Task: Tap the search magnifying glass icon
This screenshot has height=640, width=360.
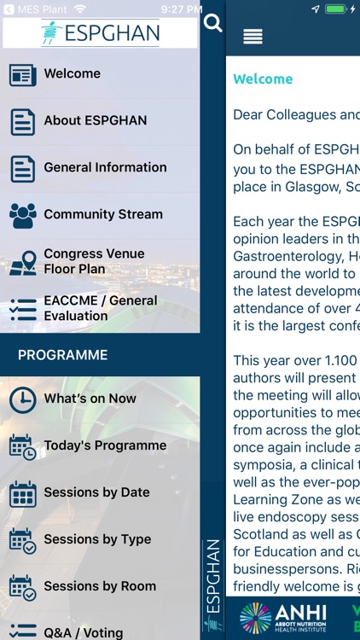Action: tap(212, 23)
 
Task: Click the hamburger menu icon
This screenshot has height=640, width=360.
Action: tap(253, 37)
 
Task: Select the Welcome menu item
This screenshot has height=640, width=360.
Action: tap(73, 74)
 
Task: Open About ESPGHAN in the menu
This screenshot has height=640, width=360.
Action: tap(95, 121)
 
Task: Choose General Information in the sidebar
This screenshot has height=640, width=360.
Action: tap(105, 168)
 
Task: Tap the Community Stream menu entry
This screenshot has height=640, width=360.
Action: tap(102, 215)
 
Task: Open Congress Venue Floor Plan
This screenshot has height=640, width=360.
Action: tap(94, 261)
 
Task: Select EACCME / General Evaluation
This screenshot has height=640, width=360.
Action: tap(100, 308)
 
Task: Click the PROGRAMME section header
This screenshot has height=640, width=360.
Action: tap(63, 355)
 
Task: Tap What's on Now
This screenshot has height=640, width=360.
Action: tap(90, 399)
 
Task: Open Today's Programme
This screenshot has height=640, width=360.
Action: tap(105, 445)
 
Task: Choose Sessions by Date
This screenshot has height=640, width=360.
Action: tap(96, 492)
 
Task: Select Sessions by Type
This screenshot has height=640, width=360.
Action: tap(97, 539)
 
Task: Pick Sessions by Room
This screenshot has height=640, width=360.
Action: tap(100, 586)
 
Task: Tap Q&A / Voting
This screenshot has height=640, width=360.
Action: tap(84, 632)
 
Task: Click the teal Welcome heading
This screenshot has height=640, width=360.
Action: tap(263, 79)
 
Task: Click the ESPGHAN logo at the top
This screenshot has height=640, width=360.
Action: tap(100, 32)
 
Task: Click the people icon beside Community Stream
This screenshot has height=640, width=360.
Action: tap(23, 215)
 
